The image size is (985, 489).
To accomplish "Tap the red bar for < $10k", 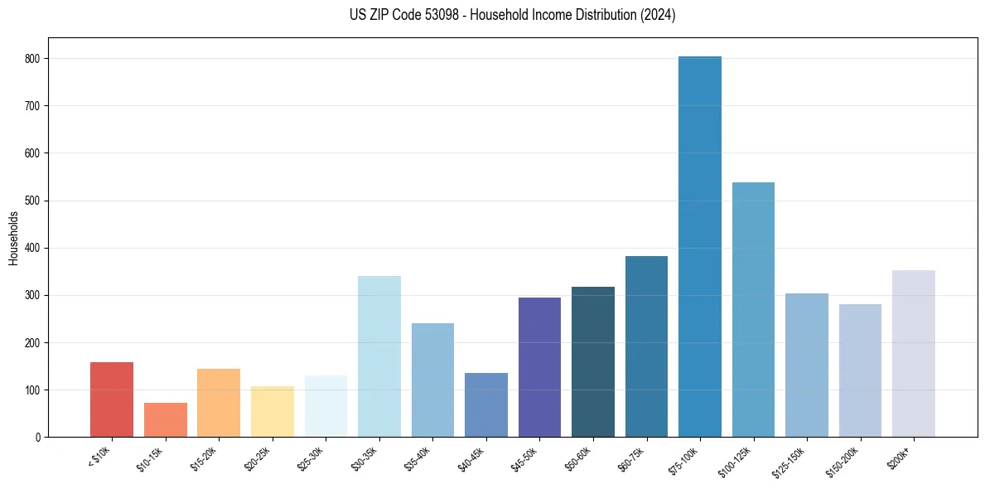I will [x=112, y=399].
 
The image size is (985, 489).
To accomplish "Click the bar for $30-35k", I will [x=379, y=356].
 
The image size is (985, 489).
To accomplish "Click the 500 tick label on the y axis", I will [x=37, y=201].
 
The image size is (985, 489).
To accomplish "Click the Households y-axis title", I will [x=14, y=238].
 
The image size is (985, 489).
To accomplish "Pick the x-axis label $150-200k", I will [x=844, y=461].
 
